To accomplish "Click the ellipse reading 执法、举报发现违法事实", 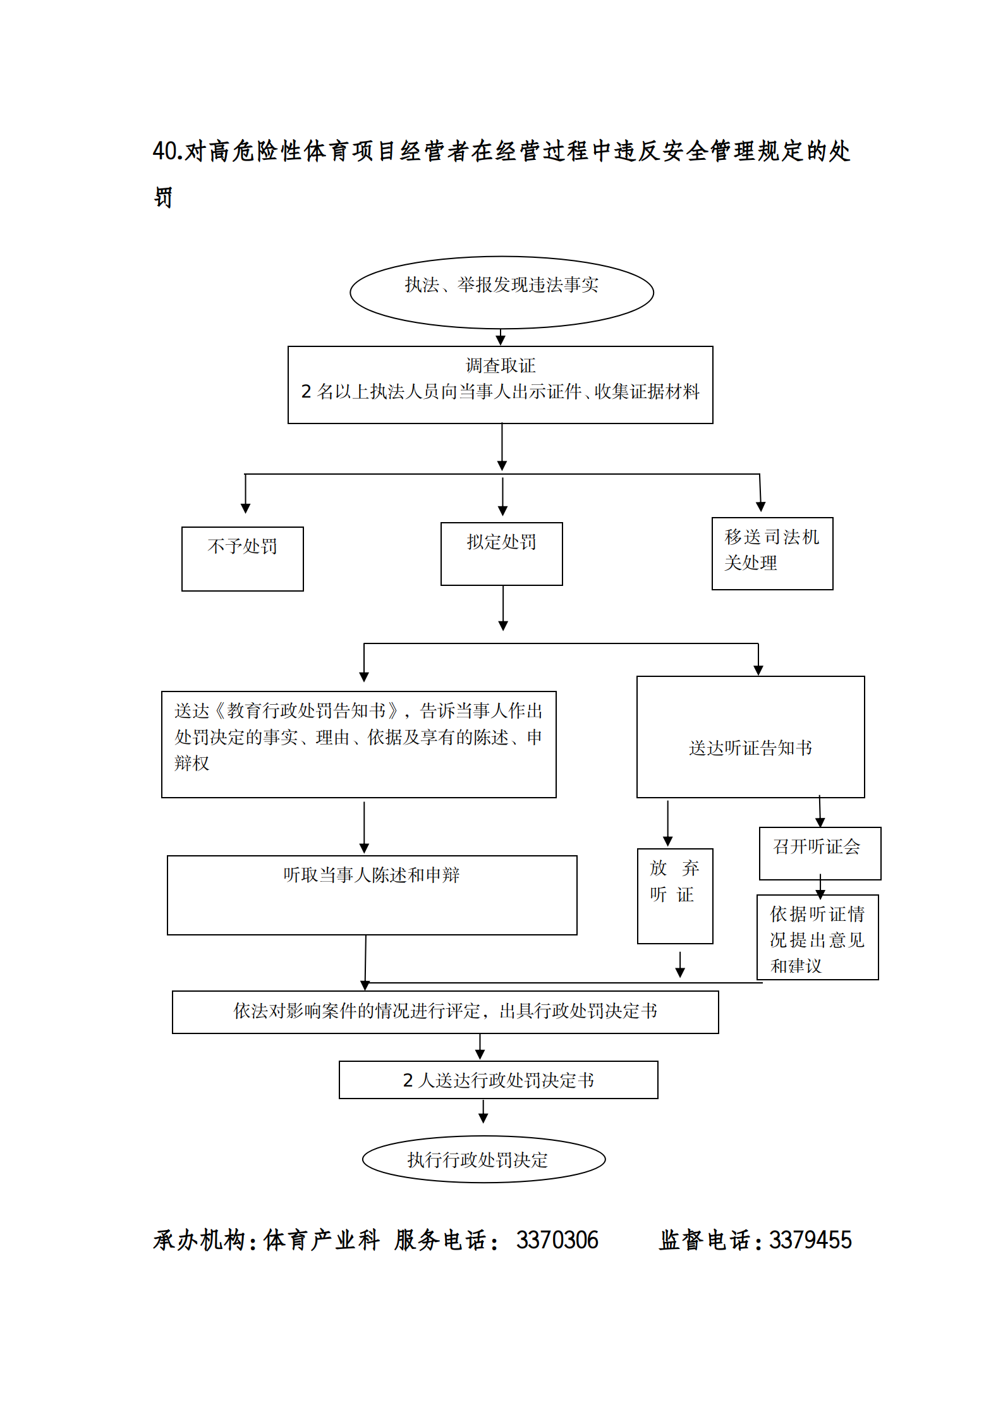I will point(501,292).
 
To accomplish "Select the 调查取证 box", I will point(500,384).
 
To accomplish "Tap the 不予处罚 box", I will point(242,558).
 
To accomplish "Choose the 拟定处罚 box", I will point(501,553).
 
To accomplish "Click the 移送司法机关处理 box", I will point(772,553).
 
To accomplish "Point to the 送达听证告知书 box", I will point(750,736).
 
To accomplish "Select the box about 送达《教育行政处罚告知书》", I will point(358,744).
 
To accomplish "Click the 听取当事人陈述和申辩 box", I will point(372,894).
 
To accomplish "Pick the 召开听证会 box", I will point(819,853).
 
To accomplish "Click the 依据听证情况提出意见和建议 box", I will point(817,937).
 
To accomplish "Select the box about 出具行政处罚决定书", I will point(445,1011).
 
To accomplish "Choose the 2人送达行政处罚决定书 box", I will point(498,1080).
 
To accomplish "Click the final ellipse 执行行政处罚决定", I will point(483,1159).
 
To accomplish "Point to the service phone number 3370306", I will point(557,1240).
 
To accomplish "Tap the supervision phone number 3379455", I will point(810,1240).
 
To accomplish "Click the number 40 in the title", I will point(166,151).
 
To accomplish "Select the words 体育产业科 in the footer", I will point(321,1240).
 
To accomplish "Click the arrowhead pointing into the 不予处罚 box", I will point(245,508).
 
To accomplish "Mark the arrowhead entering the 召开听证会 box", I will point(820,822).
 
